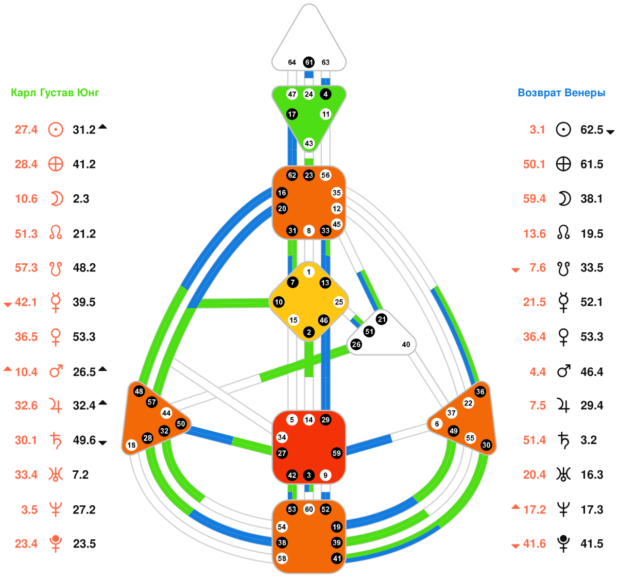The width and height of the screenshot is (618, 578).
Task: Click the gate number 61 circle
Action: point(308,62)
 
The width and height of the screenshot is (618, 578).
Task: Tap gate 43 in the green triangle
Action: point(308,143)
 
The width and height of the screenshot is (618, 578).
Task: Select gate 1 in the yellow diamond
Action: point(308,272)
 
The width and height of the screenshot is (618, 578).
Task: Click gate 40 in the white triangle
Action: point(406,345)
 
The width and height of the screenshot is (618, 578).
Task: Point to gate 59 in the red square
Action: point(336,453)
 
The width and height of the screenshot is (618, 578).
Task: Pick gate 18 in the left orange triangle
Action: point(131,445)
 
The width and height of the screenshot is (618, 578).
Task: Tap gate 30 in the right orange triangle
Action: point(486,445)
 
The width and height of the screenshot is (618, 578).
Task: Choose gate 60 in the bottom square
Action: point(308,509)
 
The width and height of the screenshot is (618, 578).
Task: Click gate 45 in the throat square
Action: point(336,224)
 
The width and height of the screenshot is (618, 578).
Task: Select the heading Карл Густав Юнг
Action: point(55,93)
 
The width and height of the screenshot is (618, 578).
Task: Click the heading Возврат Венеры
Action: point(561,93)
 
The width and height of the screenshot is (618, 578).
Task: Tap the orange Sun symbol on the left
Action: point(56,129)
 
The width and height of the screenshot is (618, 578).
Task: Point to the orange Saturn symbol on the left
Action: point(56,440)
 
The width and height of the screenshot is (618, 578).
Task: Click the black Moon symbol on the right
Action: point(564,198)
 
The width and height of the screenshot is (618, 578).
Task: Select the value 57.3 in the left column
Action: point(26,268)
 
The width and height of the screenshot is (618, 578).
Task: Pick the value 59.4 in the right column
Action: point(534,199)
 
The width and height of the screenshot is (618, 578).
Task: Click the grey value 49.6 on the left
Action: point(84,440)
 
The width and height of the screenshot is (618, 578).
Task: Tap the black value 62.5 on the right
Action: point(592,129)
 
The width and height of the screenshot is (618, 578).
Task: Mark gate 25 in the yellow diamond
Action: point(338,302)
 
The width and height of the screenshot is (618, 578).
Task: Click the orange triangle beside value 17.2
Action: point(516,507)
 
